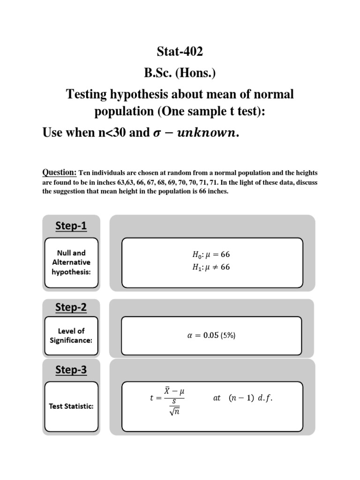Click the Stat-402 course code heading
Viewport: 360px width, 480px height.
(180, 52)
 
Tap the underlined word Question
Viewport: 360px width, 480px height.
(60, 172)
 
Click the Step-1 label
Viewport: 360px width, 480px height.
(71, 226)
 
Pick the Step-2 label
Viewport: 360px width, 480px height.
(71, 307)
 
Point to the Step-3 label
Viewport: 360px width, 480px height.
(71, 370)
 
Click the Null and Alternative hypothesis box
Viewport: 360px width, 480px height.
(71, 262)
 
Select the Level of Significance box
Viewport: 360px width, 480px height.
(71, 335)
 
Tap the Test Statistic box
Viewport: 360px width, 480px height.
(71, 406)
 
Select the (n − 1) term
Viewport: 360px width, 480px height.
(241, 398)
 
